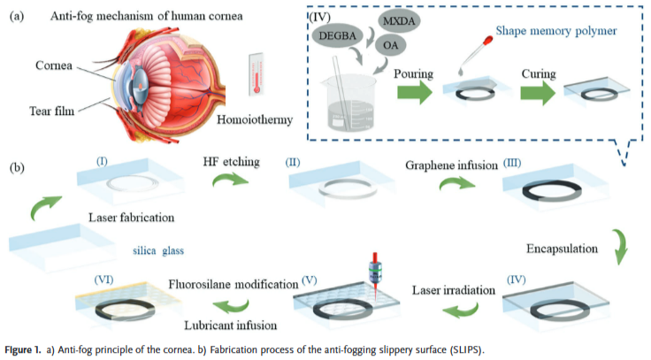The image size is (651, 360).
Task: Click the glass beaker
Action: (353, 101)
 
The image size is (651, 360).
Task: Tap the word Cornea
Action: (56, 66)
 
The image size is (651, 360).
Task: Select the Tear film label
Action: (56, 112)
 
